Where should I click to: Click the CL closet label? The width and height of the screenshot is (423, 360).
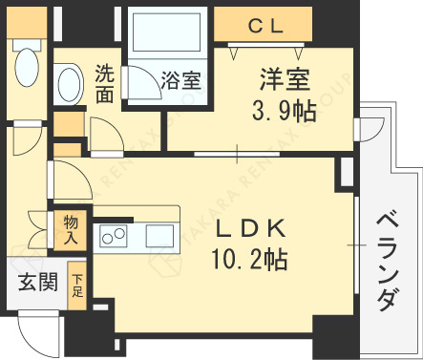click(x=265, y=27)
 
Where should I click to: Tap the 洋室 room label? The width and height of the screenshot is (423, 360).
click(x=285, y=79)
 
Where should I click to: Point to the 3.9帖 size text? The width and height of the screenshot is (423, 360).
click(x=285, y=111)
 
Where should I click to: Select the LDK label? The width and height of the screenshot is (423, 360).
click(x=251, y=228)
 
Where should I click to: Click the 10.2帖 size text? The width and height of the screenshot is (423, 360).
click(x=250, y=259)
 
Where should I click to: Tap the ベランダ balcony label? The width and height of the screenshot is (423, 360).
click(x=388, y=263)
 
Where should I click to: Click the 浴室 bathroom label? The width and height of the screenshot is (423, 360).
click(x=181, y=80)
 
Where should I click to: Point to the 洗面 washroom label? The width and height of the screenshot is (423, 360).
click(x=105, y=83)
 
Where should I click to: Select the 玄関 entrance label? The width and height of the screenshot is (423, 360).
click(x=38, y=282)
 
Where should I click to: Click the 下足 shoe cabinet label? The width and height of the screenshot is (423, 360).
click(x=77, y=286)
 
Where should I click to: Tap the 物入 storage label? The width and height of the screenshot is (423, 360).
click(x=71, y=229)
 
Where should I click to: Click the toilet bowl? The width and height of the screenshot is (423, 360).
click(x=27, y=67)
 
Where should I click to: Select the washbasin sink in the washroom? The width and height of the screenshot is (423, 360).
click(x=70, y=83)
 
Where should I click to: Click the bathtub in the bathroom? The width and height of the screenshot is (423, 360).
click(x=166, y=32)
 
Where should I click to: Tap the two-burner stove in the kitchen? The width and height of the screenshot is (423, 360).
click(x=113, y=236)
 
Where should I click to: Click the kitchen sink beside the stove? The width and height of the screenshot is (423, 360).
click(x=159, y=236)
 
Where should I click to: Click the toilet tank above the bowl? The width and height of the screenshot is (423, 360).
click(x=27, y=45)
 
